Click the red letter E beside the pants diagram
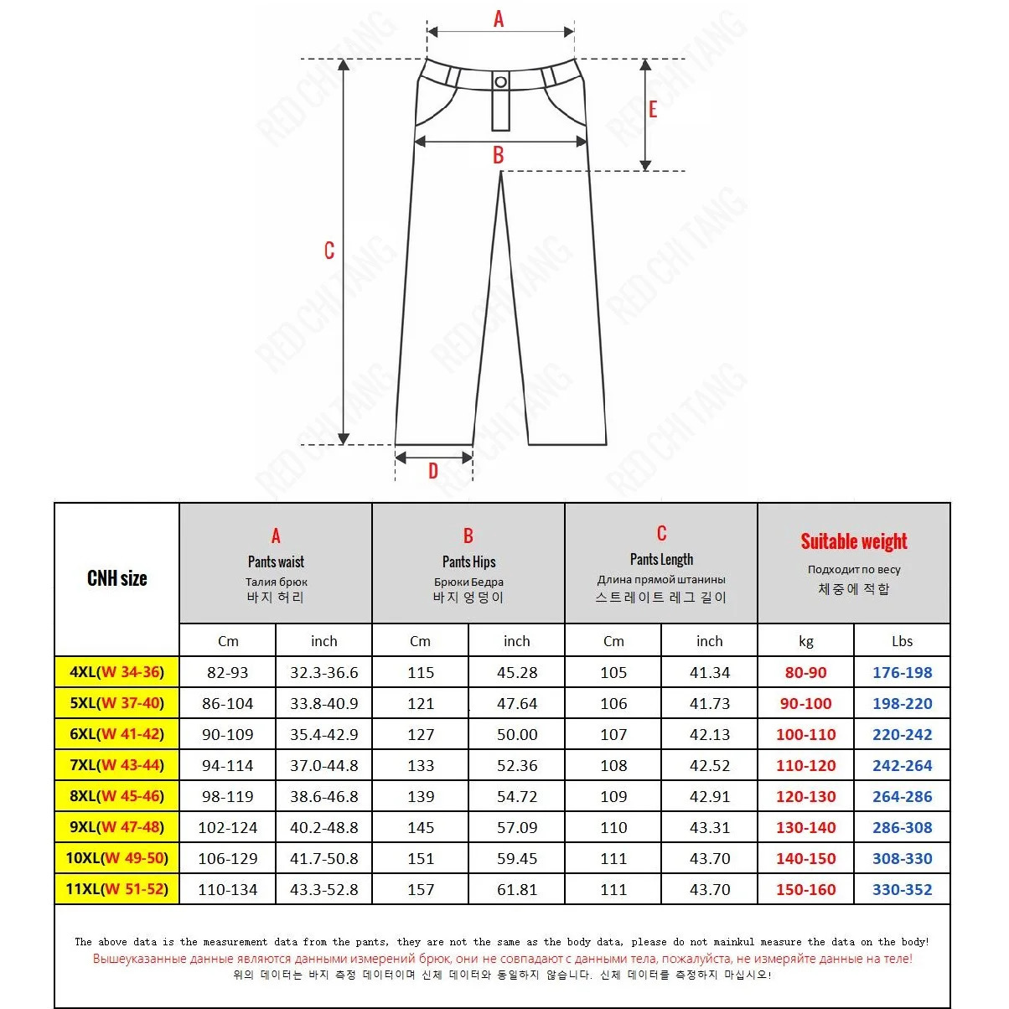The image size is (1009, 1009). point(653,109)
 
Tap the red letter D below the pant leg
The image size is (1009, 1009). point(433,471)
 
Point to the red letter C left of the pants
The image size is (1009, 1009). point(329,251)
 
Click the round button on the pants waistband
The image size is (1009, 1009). point(500,81)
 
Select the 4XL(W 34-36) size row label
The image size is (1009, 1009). point(117,672)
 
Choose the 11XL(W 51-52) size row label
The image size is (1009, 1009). point(117,889)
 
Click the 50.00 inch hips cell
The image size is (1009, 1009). point(517,734)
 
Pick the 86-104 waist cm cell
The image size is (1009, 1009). point(228,703)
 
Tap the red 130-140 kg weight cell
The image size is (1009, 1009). point(805,827)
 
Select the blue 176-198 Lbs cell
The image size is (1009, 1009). point(902,672)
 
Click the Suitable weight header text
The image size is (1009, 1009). point(853,541)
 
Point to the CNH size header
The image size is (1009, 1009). point(117,578)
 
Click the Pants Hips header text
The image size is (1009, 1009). point(468,561)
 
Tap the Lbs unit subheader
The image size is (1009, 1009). point(902,641)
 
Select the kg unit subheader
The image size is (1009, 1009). point(805,641)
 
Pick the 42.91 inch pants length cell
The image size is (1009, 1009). point(710,796)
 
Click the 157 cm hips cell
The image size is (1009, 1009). point(421,889)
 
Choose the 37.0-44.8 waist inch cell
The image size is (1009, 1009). point(324,765)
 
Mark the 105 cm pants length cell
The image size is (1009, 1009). point(613,672)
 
